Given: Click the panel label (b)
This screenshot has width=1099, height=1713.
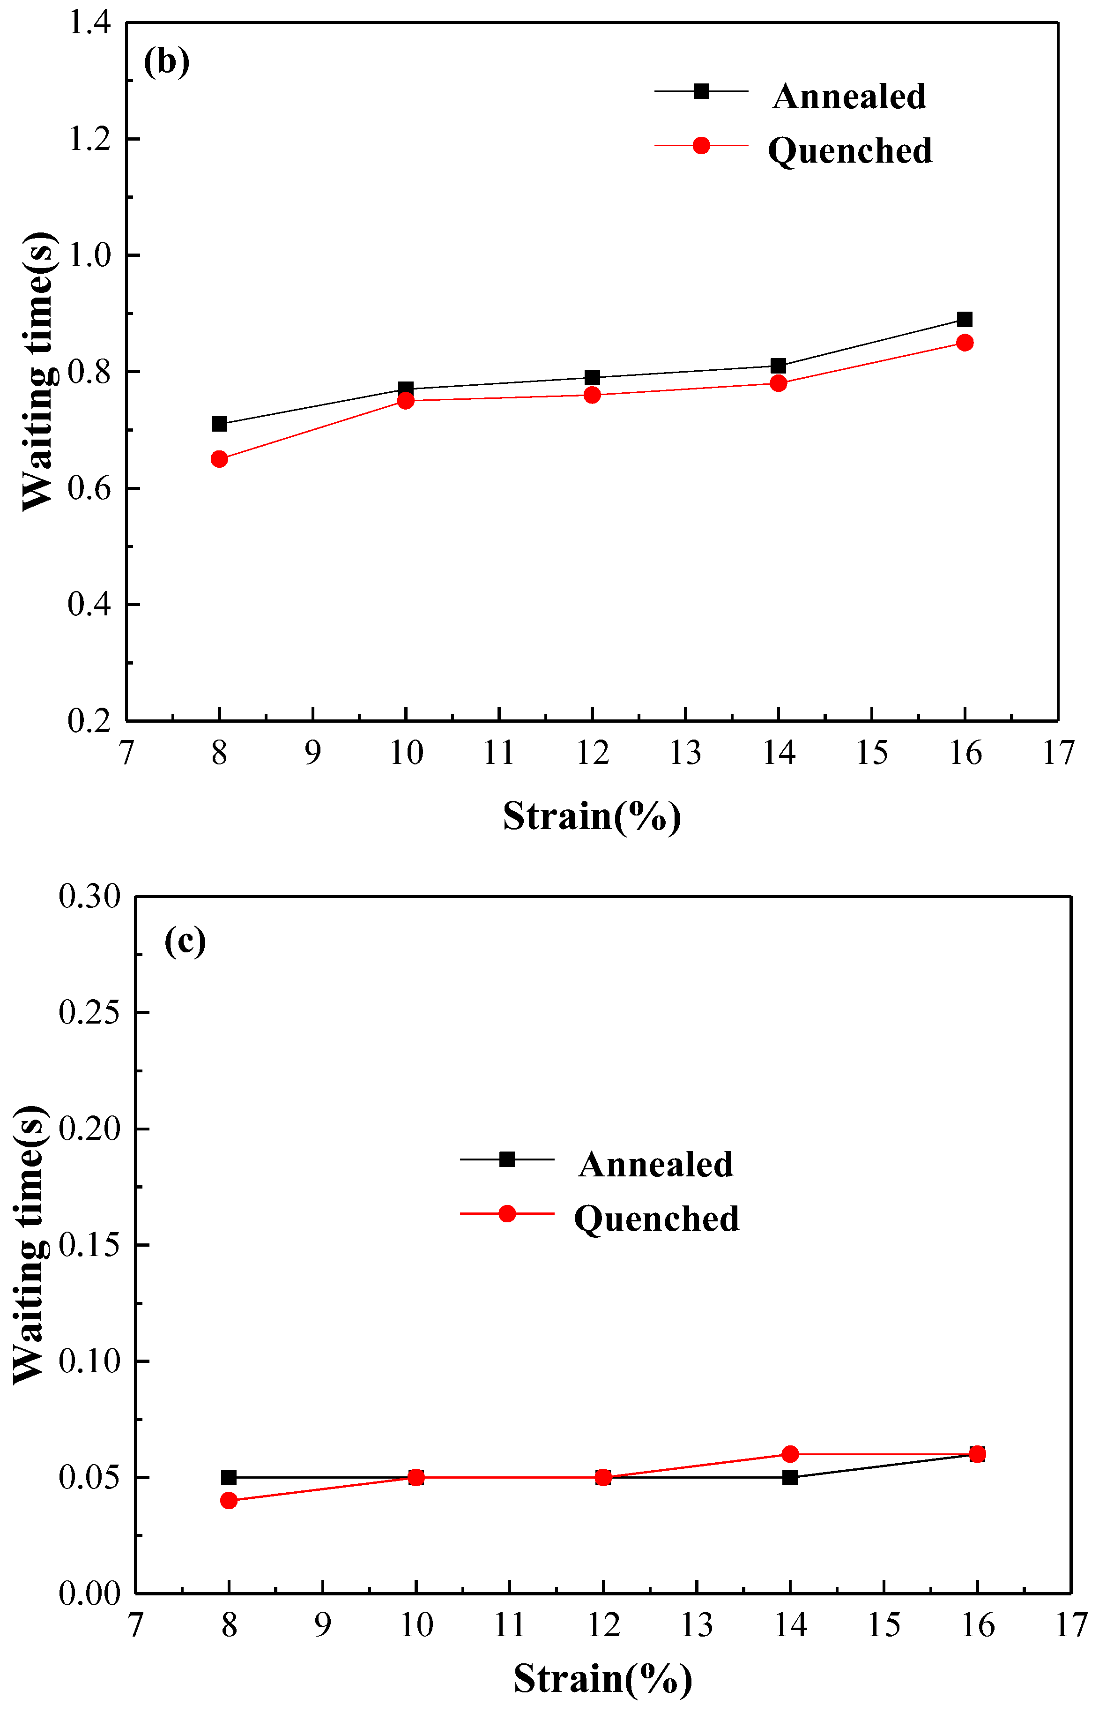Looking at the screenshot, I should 166,62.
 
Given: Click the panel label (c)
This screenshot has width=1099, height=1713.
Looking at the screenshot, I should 185,942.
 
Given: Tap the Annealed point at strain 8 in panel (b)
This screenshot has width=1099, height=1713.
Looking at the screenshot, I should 219,424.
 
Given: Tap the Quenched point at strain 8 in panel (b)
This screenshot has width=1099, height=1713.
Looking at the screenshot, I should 219,459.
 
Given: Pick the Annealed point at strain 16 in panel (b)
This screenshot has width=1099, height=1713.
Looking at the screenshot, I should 965,319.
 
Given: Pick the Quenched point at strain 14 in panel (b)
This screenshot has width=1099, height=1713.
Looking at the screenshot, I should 779,383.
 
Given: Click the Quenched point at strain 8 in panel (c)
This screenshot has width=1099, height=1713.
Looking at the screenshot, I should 228,1501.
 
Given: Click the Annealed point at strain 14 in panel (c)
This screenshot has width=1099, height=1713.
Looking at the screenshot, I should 790,1477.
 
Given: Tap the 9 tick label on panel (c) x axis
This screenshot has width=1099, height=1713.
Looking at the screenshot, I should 323,1625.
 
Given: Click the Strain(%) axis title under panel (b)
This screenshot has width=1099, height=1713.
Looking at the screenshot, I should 592,816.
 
